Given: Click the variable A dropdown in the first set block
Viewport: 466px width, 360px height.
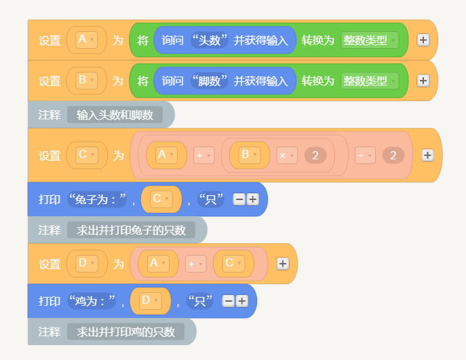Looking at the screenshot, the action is [86, 40].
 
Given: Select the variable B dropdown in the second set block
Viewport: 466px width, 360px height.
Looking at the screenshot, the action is [86, 81].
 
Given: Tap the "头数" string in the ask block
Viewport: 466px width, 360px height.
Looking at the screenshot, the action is [209, 40].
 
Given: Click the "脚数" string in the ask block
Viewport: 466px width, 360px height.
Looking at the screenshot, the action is [209, 81].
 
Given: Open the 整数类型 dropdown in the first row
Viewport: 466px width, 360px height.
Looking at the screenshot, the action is [370, 40].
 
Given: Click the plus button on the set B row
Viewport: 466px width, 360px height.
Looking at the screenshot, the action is [423, 81].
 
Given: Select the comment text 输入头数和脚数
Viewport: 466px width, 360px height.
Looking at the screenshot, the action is [115, 115].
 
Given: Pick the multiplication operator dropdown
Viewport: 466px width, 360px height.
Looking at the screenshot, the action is [287, 155].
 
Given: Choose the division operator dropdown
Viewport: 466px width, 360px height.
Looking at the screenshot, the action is [365, 155].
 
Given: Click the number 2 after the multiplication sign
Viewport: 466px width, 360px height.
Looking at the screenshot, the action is [315, 155].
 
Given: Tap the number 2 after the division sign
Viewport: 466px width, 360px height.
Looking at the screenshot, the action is [393, 155].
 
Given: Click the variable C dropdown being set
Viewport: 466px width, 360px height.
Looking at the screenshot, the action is [87, 155].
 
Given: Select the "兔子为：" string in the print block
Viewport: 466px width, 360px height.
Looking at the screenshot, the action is [97, 199].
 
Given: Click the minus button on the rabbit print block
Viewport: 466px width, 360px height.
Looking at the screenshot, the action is [239, 199].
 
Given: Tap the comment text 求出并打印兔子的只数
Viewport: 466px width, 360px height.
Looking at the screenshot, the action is [131, 231].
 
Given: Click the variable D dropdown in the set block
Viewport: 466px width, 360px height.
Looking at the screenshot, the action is [87, 264].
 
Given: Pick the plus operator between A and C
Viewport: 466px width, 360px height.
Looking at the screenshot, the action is [195, 264].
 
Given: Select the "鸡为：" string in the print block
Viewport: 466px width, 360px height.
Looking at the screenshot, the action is [92, 301].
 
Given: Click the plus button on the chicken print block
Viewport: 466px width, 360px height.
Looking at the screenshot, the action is [242, 301].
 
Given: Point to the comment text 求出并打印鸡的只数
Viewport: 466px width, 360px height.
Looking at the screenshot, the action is [125, 332].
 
